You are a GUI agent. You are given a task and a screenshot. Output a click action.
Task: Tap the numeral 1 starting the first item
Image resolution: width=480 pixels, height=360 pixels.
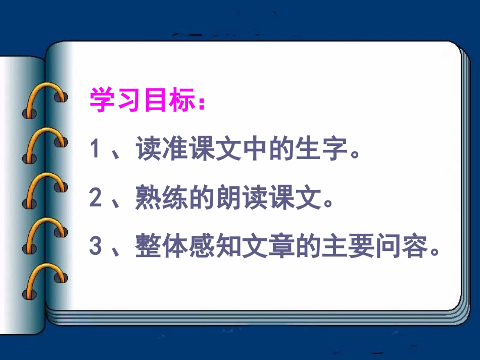(x=94, y=150)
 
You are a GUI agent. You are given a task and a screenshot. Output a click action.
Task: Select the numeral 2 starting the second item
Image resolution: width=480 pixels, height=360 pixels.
(x=95, y=199)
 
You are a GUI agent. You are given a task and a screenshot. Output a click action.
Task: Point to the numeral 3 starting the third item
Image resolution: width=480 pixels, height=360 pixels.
(x=95, y=248)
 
